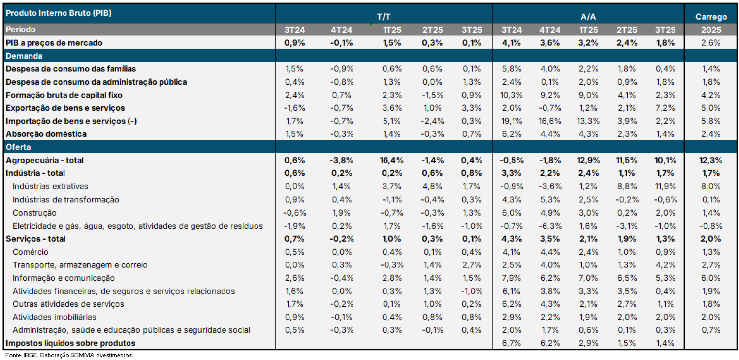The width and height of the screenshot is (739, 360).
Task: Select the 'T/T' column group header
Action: (x=384, y=17)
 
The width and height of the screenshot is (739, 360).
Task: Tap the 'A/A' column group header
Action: (x=588, y=17)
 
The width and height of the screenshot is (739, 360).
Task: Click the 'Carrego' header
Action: (x=711, y=17)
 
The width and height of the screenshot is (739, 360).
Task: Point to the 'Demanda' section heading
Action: (x=24, y=56)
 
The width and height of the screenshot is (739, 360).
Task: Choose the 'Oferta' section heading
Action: (x=18, y=147)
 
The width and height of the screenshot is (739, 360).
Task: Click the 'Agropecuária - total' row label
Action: (x=45, y=160)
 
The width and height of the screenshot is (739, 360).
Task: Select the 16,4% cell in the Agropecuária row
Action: (x=391, y=160)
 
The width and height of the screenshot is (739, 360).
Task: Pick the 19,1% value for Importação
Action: (x=511, y=121)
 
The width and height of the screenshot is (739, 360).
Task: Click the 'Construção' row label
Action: (x=34, y=213)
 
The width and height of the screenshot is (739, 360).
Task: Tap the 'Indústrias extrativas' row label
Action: (x=51, y=186)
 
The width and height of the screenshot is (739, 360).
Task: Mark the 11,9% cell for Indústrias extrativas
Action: (x=666, y=186)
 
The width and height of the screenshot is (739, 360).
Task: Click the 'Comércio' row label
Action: (x=31, y=252)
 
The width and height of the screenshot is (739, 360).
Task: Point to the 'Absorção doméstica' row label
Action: (x=46, y=134)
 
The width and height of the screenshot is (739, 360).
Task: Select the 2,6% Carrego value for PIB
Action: (x=711, y=43)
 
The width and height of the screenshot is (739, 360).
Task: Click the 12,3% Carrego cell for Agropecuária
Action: (x=711, y=160)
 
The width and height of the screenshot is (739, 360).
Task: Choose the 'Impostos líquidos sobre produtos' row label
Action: (x=70, y=343)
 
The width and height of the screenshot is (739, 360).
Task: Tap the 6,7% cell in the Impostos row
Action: (x=511, y=343)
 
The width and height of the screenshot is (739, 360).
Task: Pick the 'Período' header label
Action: (x=21, y=30)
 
